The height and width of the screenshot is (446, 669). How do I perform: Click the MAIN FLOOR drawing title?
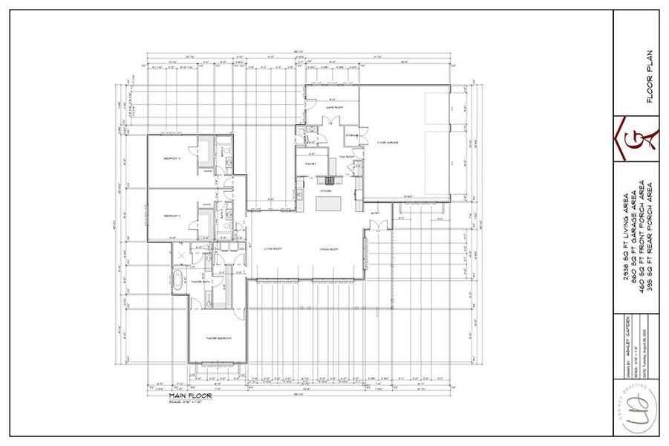pos(189,396)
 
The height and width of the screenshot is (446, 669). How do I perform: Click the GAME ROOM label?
pos(333,107)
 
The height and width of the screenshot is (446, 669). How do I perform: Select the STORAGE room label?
pos(352,135)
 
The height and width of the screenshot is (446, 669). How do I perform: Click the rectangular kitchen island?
pos(328,204)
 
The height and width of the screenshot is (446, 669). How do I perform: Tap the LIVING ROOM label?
pos(273,249)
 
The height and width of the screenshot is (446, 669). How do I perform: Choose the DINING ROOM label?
pos(330,249)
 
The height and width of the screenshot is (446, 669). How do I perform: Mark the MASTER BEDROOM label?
pos(218,338)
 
